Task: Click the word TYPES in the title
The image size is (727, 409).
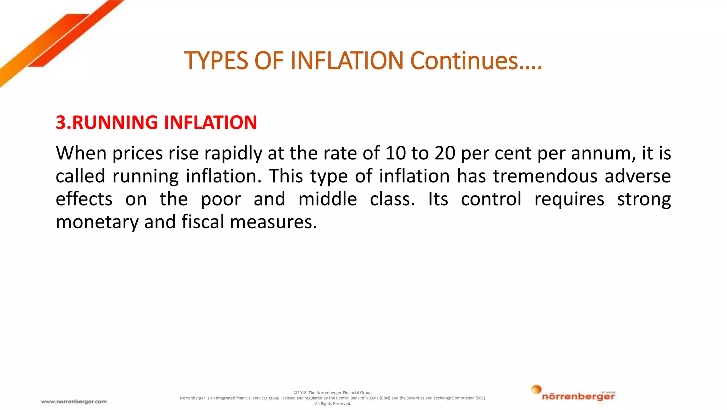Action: [x=216, y=61]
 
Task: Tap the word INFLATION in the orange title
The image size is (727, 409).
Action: [x=347, y=61]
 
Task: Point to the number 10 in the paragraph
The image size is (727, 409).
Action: [x=395, y=153]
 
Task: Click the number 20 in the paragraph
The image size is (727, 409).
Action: [x=445, y=153]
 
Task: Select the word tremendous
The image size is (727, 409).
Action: [x=545, y=176]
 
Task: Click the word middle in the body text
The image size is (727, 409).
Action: [x=327, y=199]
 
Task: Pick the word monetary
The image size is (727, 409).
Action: [x=97, y=222]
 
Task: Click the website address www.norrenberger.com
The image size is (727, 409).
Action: [x=74, y=402]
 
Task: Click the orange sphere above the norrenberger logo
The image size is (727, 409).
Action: [x=536, y=389]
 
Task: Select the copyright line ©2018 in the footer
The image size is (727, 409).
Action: [x=333, y=393]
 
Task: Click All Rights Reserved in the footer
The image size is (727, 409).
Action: [x=333, y=404]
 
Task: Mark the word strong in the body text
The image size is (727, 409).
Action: [x=644, y=200]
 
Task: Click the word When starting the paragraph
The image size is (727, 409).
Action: [x=81, y=153]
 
